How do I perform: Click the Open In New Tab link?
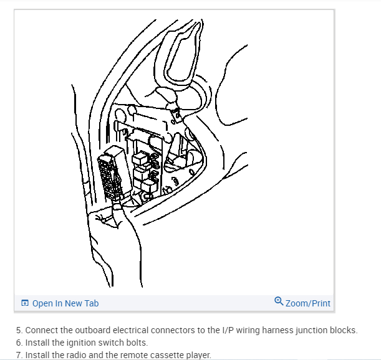coord(65,303)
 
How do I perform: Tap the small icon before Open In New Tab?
coord(24,303)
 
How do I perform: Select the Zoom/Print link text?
coord(307,303)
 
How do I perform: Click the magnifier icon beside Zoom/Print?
coord(279,302)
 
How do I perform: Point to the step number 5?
coord(19,330)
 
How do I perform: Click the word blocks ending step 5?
coord(345,330)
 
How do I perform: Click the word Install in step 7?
coord(39,355)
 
